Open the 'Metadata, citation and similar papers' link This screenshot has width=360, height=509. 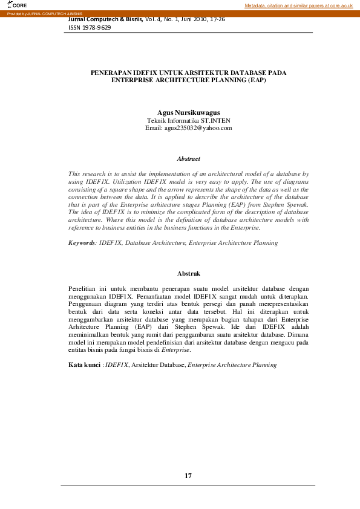[298, 5]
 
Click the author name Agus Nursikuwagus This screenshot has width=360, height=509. [188, 112]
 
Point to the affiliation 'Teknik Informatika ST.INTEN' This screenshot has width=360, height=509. [188, 120]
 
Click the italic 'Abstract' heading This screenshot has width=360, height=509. [188, 158]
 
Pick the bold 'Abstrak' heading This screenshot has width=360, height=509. [188, 274]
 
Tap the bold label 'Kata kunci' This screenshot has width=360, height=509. [84, 365]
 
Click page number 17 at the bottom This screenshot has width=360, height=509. [188, 476]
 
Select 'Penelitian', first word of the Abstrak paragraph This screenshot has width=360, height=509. [82, 289]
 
